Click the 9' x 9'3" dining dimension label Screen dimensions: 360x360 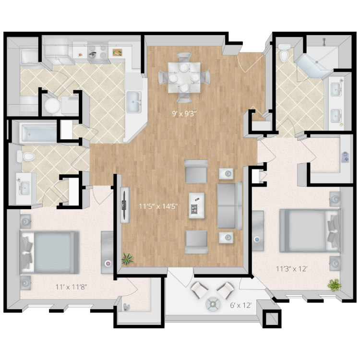(185, 114)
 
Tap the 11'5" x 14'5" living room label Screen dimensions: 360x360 (158, 206)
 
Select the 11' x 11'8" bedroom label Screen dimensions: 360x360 (71, 287)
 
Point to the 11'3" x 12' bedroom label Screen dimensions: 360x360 (291, 269)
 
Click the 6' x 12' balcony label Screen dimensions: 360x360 (241, 305)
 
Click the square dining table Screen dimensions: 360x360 (184, 77)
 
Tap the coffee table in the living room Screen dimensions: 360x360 (196, 205)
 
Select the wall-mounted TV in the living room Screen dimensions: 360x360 (125, 205)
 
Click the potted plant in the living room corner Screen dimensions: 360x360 (127, 259)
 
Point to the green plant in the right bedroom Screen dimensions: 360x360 (334, 285)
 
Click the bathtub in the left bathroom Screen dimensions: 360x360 (39, 132)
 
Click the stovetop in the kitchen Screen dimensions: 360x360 (98, 52)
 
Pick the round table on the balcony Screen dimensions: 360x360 (213, 304)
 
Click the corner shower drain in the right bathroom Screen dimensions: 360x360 (317, 62)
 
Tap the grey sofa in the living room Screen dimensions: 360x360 (229, 206)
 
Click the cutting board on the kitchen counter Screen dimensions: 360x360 (117, 52)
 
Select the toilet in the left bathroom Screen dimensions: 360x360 (26, 156)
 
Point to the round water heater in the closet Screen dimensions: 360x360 (53, 106)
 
